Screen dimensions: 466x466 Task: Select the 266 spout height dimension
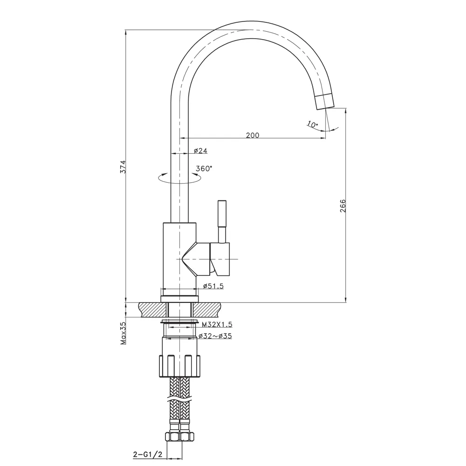point(343,206)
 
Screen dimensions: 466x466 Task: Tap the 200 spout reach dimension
point(252,135)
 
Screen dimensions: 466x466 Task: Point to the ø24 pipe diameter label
point(200,151)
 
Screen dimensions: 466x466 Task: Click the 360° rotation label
point(204,168)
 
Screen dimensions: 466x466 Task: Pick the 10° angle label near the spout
point(312,124)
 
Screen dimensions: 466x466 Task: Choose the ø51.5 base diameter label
point(213,286)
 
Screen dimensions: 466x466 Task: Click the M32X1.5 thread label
point(217,324)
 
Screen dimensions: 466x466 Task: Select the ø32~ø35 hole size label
point(215,336)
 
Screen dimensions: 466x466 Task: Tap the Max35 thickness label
point(123,333)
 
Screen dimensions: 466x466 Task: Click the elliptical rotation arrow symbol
point(179,178)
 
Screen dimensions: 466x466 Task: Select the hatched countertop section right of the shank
point(207,309)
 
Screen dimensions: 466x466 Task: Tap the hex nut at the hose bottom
point(179,437)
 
